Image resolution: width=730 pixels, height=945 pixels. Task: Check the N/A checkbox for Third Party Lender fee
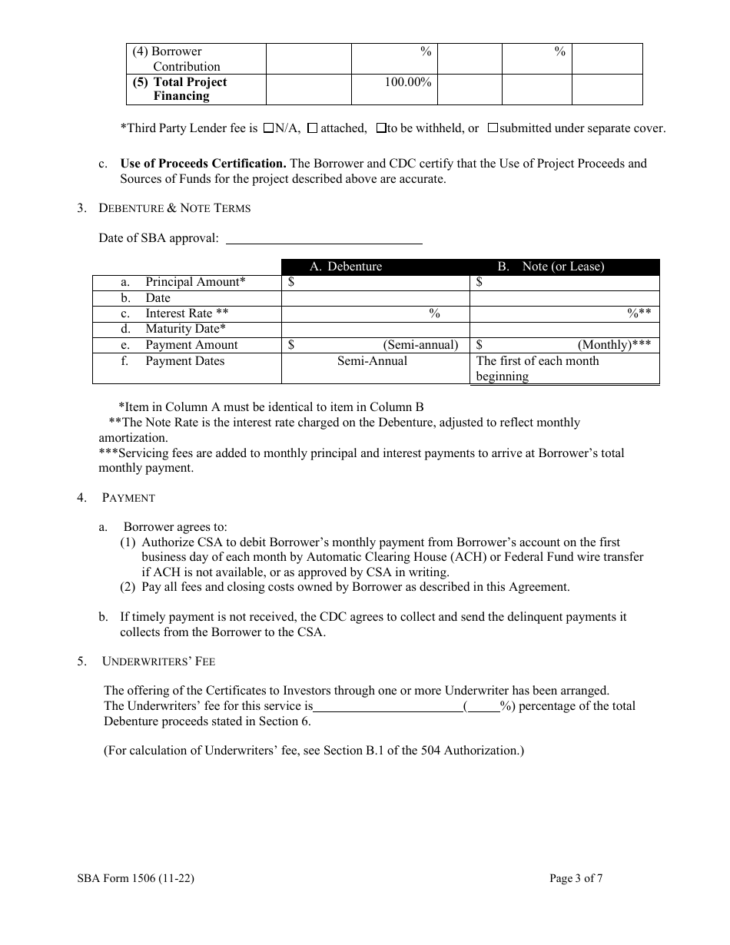pyautogui.click(x=268, y=128)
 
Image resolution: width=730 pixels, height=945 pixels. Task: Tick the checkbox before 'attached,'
pyautogui.click(x=312, y=128)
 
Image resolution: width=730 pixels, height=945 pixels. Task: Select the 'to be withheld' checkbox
pyautogui.click(x=380, y=128)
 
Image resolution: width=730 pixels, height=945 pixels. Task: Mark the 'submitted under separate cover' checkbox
pyautogui.click(x=493, y=128)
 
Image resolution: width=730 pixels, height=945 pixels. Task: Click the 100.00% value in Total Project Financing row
pyautogui.click(x=407, y=82)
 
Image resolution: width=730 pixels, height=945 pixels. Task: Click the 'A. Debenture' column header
pyautogui.click(x=345, y=267)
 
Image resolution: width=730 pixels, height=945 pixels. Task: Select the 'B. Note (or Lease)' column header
pyautogui.click(x=550, y=267)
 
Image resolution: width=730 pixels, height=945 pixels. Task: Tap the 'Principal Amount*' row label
pyautogui.click(x=195, y=282)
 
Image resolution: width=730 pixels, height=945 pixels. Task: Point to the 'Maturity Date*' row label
pyautogui.click(x=185, y=329)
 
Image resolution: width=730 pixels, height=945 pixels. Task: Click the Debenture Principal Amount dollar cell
pyautogui.click(x=374, y=282)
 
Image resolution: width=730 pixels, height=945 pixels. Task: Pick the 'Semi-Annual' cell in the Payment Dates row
pyautogui.click(x=372, y=361)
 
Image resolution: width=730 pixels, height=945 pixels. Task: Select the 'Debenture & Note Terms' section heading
pyautogui.click(x=174, y=208)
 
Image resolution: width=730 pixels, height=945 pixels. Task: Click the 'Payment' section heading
pyautogui.click(x=128, y=498)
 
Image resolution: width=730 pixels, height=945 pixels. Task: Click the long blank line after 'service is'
pyautogui.click(x=387, y=706)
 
